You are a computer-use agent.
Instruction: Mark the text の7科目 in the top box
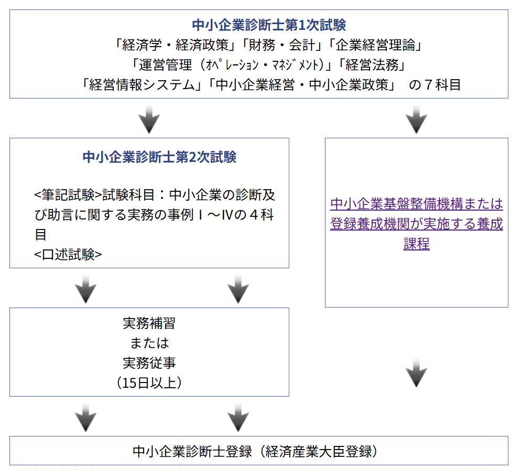[434, 85]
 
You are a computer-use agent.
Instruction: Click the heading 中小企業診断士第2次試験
[159, 157]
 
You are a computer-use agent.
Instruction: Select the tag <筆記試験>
[68, 195]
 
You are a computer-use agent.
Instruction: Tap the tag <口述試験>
[68, 255]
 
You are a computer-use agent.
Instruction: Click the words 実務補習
[149, 323]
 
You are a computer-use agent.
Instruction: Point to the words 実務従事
[149, 363]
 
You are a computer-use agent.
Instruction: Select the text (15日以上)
[149, 382]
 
